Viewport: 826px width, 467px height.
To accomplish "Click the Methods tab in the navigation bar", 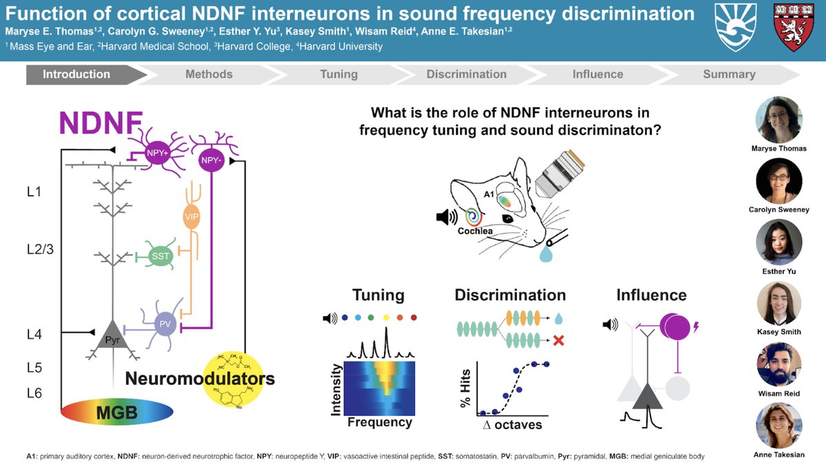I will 209,74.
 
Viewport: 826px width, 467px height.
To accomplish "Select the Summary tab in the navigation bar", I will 728,74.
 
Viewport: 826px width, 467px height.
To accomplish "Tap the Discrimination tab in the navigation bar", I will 466,74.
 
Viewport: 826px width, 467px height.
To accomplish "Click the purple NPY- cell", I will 209,160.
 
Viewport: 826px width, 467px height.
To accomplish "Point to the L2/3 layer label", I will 39,248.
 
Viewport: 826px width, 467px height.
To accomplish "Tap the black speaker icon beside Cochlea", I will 446,218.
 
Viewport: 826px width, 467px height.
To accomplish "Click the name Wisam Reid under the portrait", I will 779,393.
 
